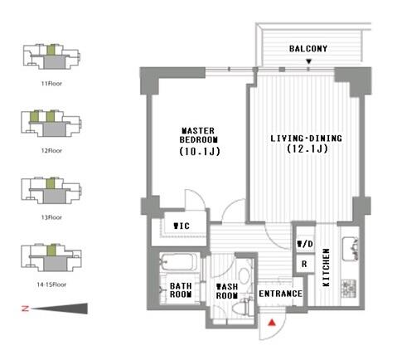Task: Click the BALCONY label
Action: point(308,49)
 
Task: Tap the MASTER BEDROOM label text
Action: point(199,135)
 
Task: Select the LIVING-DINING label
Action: point(306,138)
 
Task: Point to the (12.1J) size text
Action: point(305,149)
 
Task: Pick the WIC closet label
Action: point(180,226)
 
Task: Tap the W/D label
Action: point(304,244)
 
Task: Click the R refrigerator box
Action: point(304,265)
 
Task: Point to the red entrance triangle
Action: point(271,322)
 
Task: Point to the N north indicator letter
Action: point(24,309)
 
